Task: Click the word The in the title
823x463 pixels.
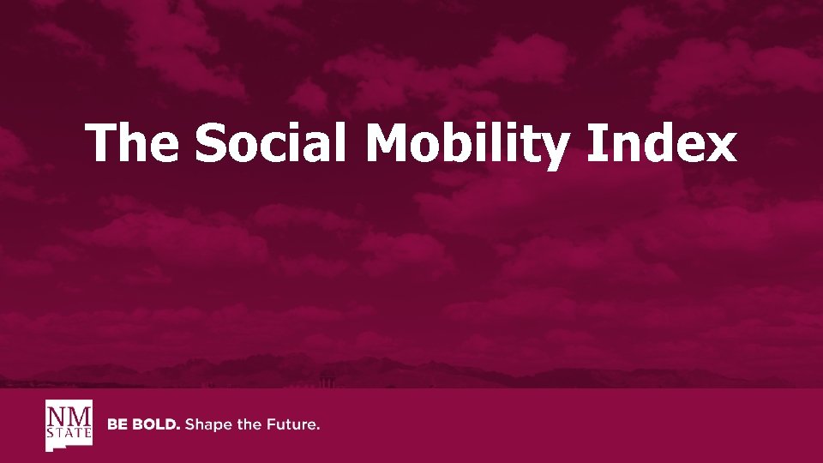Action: [x=132, y=142]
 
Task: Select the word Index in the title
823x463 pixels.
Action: [x=662, y=142]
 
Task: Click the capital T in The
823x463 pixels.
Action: [x=101, y=142]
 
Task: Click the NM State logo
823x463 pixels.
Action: [x=69, y=424]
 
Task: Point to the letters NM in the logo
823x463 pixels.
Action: [x=69, y=416]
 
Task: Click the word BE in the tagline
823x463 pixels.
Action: [x=117, y=424]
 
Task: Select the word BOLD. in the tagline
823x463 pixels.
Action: [x=154, y=424]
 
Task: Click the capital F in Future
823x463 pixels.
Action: [x=270, y=424]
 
